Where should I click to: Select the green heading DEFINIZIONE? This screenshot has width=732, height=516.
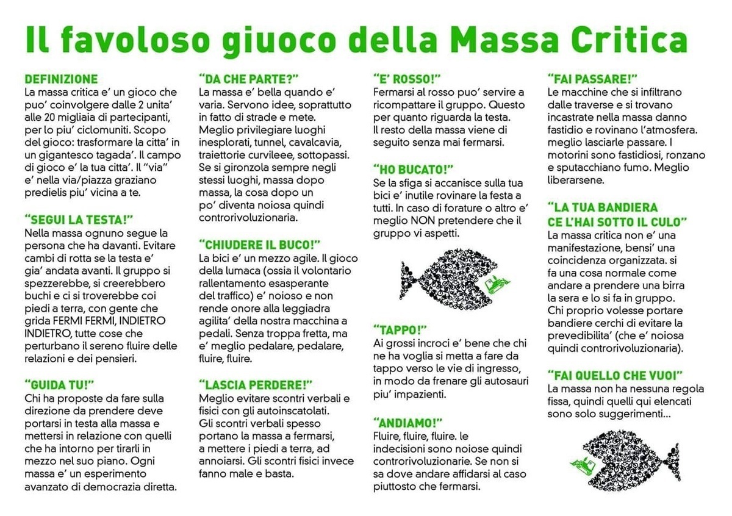[x=61, y=79]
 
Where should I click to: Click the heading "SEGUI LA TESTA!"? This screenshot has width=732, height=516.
[x=79, y=219]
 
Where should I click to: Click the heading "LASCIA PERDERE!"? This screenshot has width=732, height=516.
[x=256, y=384]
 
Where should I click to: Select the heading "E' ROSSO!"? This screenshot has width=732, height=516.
[x=407, y=79]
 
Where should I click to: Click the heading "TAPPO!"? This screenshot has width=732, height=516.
[x=400, y=329]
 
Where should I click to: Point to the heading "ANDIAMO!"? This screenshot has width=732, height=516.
[x=408, y=423]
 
